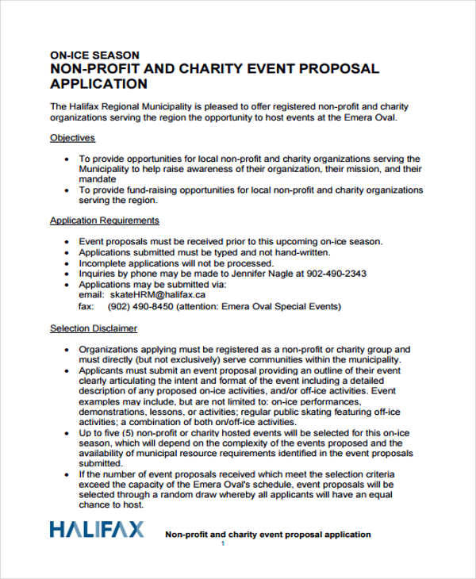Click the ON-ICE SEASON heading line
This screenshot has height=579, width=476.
94,56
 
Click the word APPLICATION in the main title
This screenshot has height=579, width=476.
98,84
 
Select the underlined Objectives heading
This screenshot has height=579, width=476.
73,137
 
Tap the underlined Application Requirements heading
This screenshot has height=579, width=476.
105,220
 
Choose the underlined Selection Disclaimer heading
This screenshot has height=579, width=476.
94,328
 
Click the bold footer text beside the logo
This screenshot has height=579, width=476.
267,535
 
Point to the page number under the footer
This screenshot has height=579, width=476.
223,544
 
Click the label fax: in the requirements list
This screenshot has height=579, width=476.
86,305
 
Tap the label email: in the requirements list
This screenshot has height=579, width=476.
91,294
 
